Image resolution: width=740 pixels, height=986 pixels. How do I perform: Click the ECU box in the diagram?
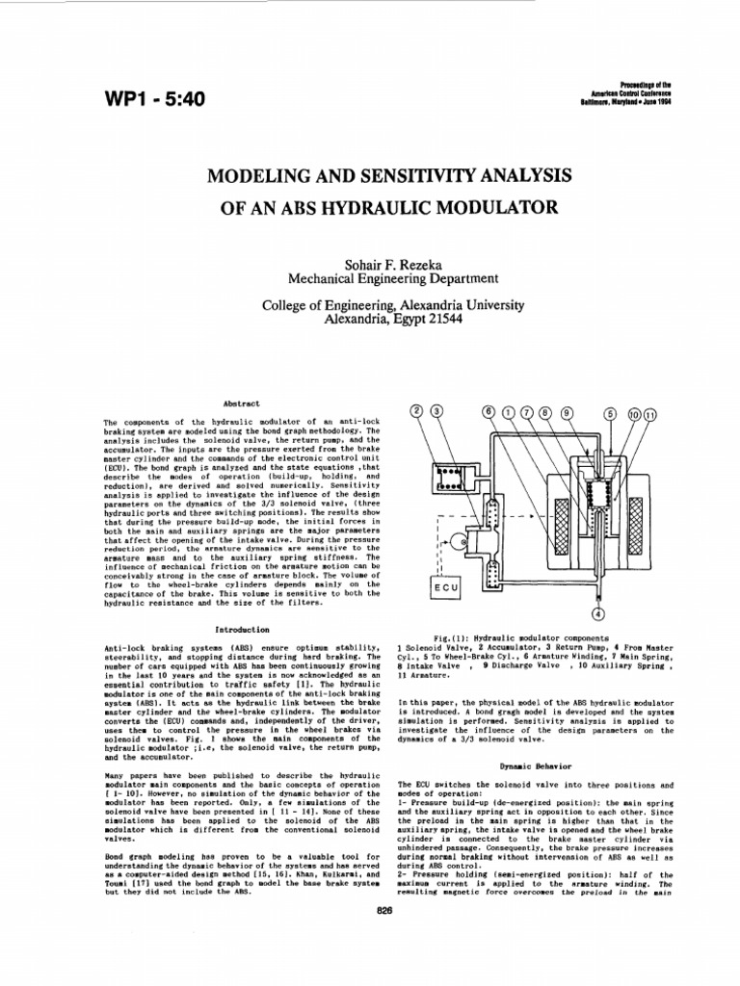(446, 585)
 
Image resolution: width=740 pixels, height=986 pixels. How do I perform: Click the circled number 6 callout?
(489, 413)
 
